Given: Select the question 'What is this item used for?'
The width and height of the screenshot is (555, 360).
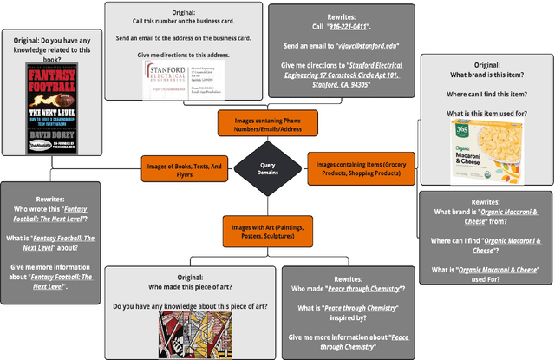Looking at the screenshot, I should click(486, 114).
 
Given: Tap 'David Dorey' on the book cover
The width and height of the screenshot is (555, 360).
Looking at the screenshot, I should click(37, 136).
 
